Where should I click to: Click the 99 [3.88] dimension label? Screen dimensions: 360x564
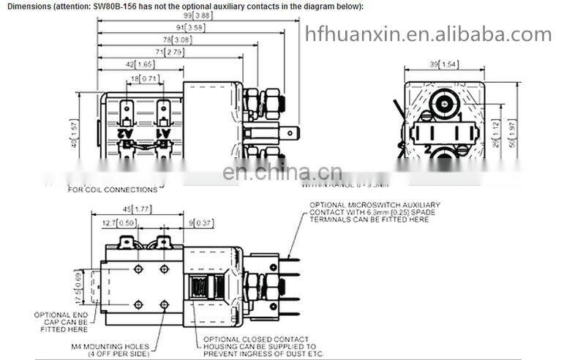click(197, 15)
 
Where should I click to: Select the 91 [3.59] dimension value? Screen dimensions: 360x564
click(184, 27)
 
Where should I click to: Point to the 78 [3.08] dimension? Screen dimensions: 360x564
click(176, 40)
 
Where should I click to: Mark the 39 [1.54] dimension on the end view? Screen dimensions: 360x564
click(443, 65)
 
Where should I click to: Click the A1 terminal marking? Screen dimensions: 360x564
click(164, 133)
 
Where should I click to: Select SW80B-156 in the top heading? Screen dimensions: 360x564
click(116, 6)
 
